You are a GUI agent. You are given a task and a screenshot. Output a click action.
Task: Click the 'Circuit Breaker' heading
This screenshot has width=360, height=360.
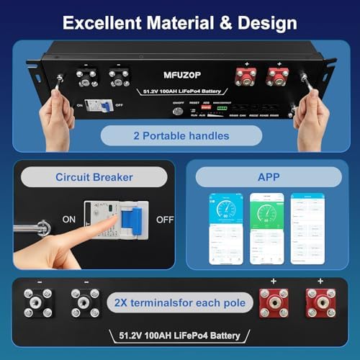coord(89,176)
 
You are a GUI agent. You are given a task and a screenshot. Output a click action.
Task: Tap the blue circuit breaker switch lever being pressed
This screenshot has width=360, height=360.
coord(130,219)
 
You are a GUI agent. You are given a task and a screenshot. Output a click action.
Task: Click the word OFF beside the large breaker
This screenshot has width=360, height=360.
coord(165,219)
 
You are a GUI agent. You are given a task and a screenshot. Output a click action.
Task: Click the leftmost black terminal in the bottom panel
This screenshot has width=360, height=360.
coord(37,302)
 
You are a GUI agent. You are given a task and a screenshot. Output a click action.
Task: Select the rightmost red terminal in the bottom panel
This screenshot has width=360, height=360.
coord(320,302)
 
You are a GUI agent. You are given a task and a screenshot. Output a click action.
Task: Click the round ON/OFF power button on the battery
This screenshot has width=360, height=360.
coord(178,111)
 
